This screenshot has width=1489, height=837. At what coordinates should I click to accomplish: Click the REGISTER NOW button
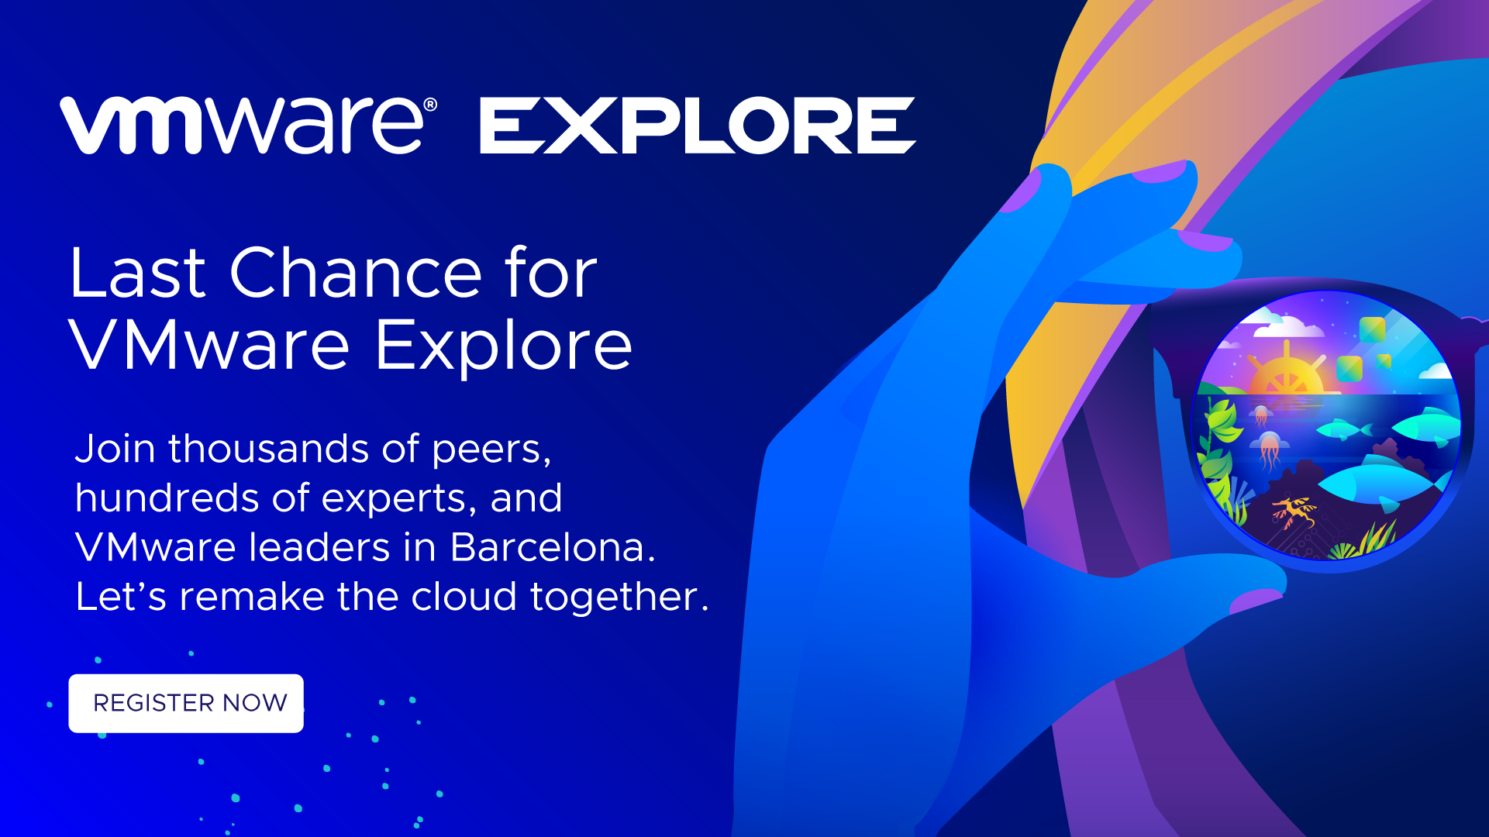click(186, 703)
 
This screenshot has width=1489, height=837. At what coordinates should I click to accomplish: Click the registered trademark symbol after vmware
click(431, 105)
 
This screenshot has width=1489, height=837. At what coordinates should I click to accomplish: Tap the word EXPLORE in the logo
click(698, 126)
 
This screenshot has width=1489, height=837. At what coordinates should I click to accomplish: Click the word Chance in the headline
click(357, 273)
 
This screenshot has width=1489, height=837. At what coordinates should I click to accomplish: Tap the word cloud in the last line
click(464, 597)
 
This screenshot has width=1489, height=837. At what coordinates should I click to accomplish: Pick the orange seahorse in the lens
click(1293, 511)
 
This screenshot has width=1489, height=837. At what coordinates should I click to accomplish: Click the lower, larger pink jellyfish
click(1270, 451)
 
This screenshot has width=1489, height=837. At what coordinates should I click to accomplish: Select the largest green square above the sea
click(1372, 329)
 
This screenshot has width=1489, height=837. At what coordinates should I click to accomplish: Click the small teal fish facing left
click(1343, 428)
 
